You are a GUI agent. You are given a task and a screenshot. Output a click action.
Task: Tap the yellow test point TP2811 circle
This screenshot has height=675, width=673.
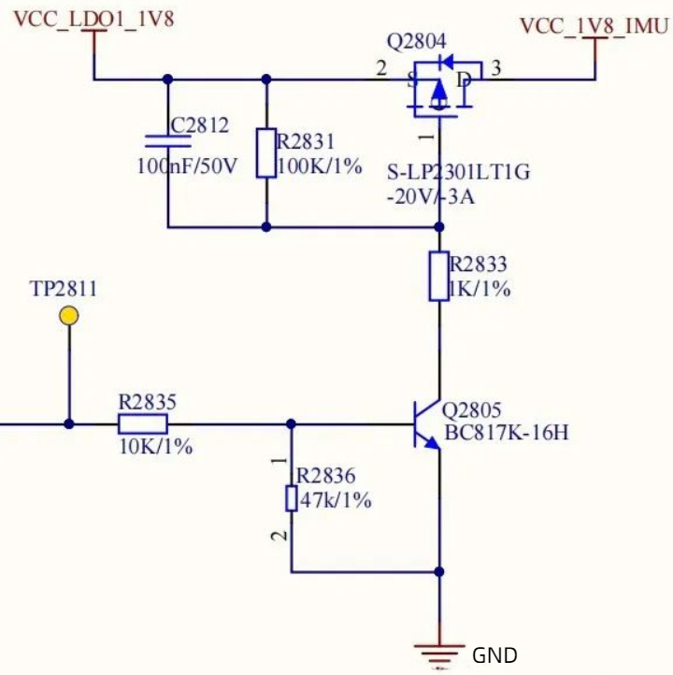(x=68, y=315)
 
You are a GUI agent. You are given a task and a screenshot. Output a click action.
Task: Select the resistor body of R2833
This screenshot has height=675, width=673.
(x=439, y=276)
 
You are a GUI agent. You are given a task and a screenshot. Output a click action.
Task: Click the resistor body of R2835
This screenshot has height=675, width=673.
(x=143, y=424)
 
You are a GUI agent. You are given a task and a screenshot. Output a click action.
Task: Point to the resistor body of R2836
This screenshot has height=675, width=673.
(x=292, y=498)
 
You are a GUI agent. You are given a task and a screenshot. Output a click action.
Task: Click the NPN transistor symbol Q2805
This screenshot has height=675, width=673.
(x=426, y=424)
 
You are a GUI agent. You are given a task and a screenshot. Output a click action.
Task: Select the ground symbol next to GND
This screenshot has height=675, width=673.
(x=439, y=655)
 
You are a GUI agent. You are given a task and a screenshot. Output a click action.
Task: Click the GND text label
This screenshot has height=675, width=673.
(x=494, y=655)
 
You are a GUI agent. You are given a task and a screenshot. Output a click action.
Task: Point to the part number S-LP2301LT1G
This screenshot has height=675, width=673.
(x=458, y=173)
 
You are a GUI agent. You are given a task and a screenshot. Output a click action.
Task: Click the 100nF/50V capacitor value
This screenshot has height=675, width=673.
(x=187, y=166)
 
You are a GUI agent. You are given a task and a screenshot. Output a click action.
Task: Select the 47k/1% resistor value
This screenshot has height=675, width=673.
(x=335, y=500)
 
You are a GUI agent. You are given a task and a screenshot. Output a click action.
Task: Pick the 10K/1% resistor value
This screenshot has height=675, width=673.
(x=155, y=448)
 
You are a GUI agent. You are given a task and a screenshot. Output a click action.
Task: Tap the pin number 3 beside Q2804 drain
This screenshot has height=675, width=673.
(x=495, y=67)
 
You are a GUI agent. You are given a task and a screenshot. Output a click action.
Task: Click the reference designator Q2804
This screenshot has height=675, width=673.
(x=417, y=41)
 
